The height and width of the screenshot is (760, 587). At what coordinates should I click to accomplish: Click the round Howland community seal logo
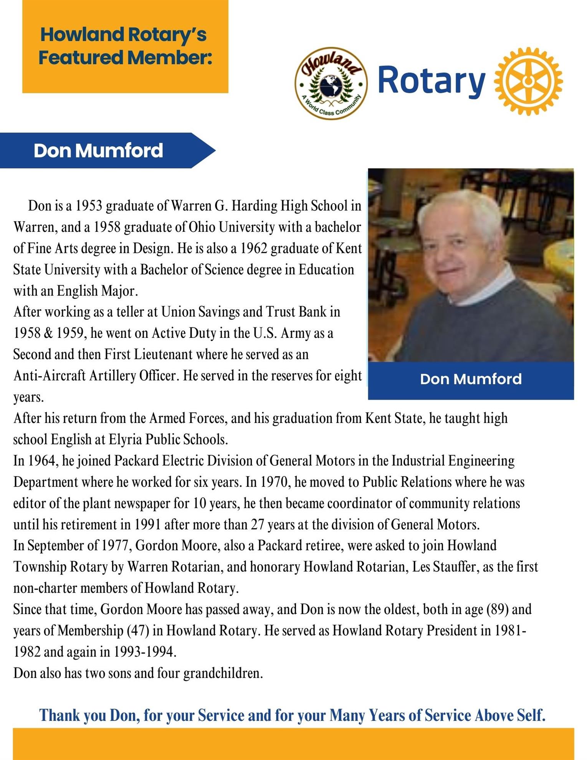point(331,83)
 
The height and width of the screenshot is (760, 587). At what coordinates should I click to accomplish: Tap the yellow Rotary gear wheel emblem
point(529,81)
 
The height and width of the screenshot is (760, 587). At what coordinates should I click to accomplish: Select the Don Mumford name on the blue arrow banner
point(98,150)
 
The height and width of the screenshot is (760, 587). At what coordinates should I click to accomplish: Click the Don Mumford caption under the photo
point(471,379)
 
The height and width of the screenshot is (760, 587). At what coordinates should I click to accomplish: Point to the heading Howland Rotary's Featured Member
point(125,46)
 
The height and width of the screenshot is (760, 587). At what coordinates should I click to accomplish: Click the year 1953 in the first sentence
point(88,206)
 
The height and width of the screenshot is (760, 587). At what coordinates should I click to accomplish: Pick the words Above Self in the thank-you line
point(510,715)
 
